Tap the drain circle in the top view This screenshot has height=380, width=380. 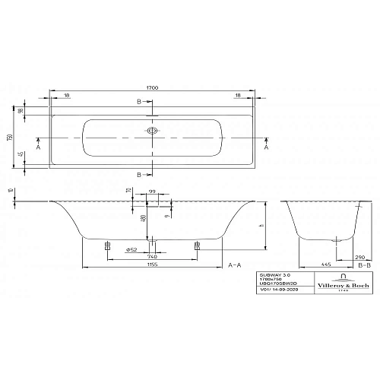point(152,131)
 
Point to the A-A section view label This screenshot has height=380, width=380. point(235,264)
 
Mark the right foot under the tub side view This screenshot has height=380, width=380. point(198,245)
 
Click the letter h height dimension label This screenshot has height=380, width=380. point(261,225)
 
